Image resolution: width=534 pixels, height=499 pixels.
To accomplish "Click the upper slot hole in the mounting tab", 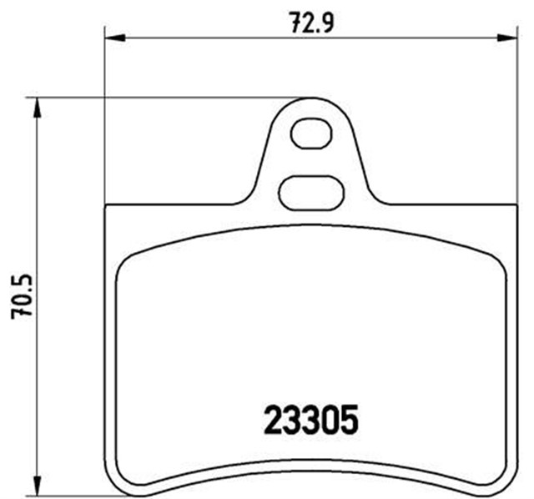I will [x=310, y=134].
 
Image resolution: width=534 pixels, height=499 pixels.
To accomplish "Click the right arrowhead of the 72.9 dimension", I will [x=506, y=37].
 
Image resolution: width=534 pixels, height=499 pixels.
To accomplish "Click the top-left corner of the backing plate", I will [x=107, y=206].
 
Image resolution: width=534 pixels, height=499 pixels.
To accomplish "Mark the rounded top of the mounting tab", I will [x=310, y=99].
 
